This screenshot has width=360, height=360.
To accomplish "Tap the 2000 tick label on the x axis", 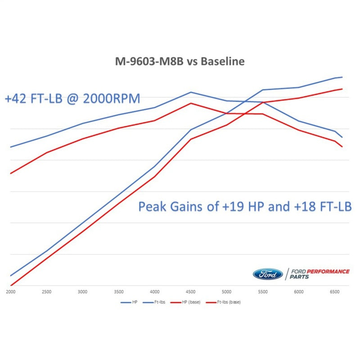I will coord(10,292).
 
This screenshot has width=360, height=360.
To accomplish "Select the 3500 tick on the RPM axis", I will coord(119,292).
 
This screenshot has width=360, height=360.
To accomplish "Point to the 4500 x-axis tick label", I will coord(191,292).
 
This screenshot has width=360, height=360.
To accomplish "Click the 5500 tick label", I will coord(263,292).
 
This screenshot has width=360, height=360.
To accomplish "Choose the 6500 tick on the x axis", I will coord(335,292).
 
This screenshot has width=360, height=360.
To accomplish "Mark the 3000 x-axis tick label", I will coord(82,292).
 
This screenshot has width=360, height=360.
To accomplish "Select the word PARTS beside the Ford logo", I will coord(299,277).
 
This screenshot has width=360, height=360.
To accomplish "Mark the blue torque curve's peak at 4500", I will coord(191,92).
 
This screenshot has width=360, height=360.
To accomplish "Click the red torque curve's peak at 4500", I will coord(191,103).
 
